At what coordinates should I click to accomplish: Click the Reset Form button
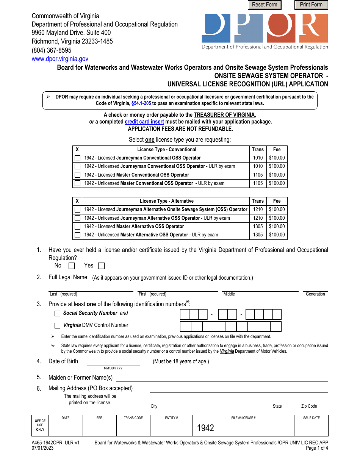[x=265, y=5]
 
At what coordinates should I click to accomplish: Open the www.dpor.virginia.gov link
[x=60, y=59]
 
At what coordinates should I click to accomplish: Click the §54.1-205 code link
[x=141, y=103]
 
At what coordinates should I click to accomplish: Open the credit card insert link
[x=144, y=122]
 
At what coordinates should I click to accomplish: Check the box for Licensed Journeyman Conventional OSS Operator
[x=77, y=158]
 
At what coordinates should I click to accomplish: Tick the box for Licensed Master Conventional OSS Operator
[x=77, y=175]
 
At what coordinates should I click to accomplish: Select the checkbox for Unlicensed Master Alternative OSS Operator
[x=77, y=235]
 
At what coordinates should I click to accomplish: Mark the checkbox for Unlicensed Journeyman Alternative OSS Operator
[x=77, y=218]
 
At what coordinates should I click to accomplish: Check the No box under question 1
[x=72, y=266]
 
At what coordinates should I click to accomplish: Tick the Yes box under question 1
[x=101, y=266]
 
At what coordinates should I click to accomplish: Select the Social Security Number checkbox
[x=57, y=313]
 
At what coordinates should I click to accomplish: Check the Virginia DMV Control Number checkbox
[x=57, y=325]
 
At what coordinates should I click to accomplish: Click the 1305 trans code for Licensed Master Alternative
[x=258, y=227]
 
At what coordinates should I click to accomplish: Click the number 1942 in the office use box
[x=205, y=428]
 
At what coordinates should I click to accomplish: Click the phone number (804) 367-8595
[x=52, y=50]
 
